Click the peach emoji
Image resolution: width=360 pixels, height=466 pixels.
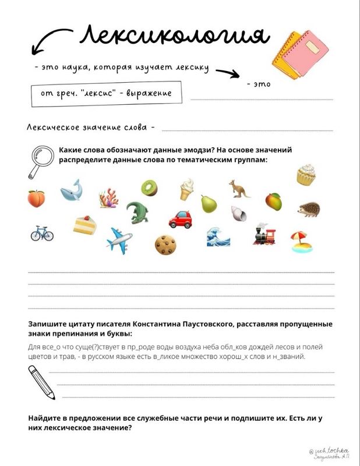36,199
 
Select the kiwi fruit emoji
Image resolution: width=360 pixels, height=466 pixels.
149,188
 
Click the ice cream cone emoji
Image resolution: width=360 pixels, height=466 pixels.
186,189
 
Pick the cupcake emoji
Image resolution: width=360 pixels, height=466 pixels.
305,175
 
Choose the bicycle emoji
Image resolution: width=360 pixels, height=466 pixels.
42,233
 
